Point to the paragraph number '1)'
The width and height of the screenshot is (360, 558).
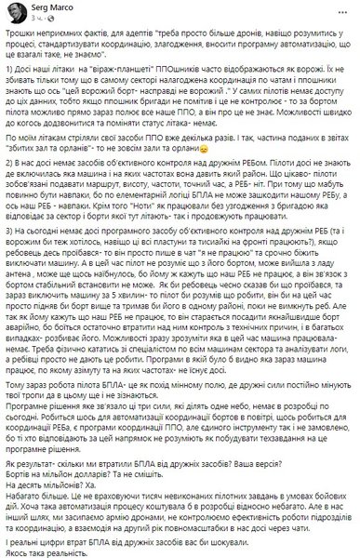[13, 82]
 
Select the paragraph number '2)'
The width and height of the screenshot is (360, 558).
[13, 188]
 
